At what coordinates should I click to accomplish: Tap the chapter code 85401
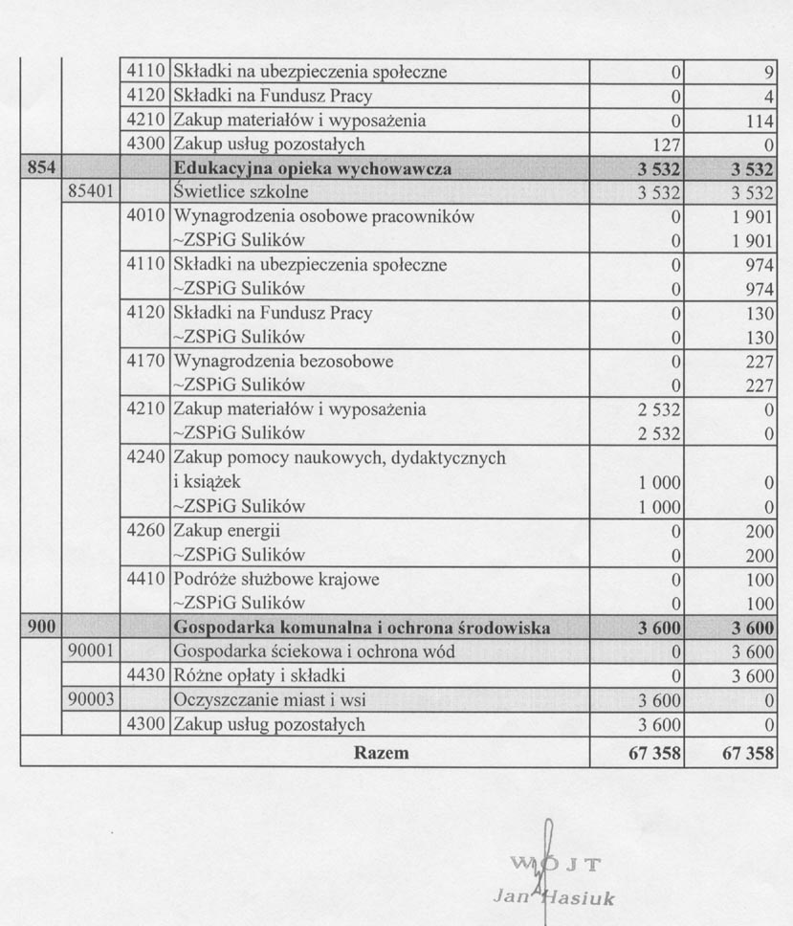point(92,192)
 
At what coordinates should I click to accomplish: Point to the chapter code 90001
point(92,652)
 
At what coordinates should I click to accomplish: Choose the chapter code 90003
point(92,700)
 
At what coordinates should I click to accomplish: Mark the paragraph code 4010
point(145,216)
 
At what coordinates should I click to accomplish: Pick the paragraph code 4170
point(145,362)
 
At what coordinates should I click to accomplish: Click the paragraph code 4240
point(145,458)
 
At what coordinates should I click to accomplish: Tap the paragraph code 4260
point(145,531)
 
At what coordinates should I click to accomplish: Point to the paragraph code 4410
point(145,580)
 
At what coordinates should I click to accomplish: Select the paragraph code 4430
point(145,676)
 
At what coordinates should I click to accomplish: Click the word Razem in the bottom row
point(381,753)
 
